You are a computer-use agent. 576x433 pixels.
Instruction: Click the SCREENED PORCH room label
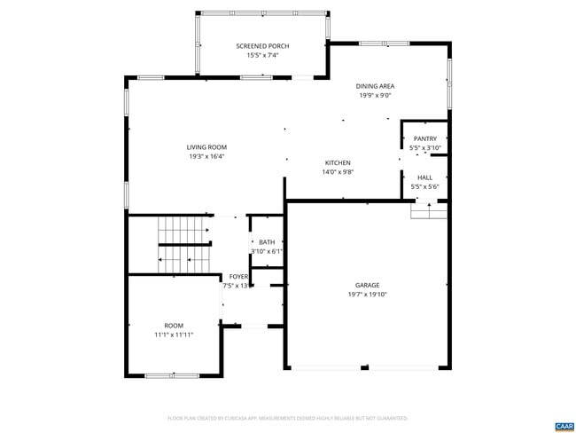tap(262, 46)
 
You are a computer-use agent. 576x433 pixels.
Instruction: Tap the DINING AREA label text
tap(375, 86)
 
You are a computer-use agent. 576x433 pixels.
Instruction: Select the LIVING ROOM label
tap(206, 147)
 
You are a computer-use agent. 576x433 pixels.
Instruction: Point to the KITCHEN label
tap(338, 162)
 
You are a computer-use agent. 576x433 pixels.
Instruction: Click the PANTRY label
tap(424, 138)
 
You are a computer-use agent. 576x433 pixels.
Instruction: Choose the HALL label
tap(424, 177)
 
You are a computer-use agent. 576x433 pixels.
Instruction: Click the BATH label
tap(267, 242)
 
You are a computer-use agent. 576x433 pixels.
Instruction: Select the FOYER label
tap(238, 277)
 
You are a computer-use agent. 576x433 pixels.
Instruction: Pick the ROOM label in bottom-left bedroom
tap(174, 326)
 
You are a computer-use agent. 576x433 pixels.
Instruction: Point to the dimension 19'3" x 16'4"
tap(206, 157)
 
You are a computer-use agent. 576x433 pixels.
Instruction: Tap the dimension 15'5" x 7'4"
tap(262, 56)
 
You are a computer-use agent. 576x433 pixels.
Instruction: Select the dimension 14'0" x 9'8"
tap(338, 172)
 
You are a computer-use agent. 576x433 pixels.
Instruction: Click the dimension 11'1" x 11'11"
tap(174, 335)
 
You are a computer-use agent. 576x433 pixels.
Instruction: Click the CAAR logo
tap(564, 426)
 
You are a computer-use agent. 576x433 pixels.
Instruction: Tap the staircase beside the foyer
tap(184, 244)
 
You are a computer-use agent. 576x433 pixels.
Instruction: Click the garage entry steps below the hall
tap(429, 211)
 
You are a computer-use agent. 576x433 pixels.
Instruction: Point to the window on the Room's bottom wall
tap(170, 375)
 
